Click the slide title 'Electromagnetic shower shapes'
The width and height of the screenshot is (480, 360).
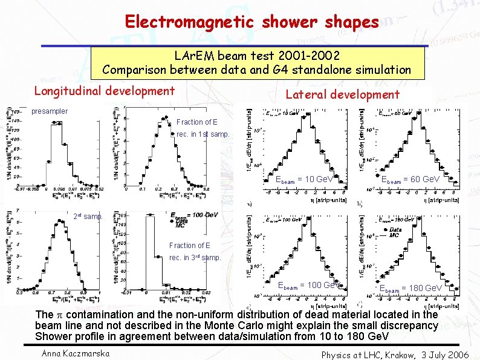(x=251, y=22)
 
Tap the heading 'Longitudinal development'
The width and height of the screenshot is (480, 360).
(x=104, y=91)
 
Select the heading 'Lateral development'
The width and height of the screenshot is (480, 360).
(x=342, y=94)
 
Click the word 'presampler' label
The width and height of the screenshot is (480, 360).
(x=50, y=111)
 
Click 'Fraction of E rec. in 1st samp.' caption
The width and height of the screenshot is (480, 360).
(x=202, y=128)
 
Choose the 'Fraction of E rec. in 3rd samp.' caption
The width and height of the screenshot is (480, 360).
(x=195, y=252)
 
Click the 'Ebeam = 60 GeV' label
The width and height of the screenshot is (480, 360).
(x=409, y=180)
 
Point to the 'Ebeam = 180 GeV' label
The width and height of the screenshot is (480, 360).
(x=410, y=288)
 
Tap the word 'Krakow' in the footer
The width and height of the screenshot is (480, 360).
(x=398, y=355)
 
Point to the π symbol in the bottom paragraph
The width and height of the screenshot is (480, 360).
(x=60, y=315)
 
